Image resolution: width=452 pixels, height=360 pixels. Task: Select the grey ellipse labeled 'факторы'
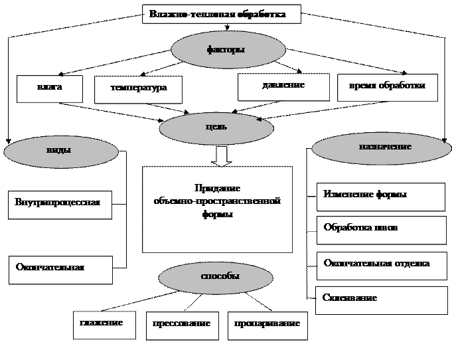coord(229,50)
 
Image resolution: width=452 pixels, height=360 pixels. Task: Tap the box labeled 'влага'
coord(50,88)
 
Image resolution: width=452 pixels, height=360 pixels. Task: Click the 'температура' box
coord(138,89)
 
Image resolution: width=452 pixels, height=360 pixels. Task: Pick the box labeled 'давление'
coord(283,86)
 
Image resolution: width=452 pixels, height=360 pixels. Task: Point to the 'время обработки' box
coord(387,87)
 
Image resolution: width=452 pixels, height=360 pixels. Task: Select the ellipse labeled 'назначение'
coord(382,148)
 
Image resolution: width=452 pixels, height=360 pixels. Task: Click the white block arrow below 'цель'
coord(222,157)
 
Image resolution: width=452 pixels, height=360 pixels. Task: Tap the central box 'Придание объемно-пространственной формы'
coord(217,209)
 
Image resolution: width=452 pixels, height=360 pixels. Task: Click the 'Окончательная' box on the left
coord(60,270)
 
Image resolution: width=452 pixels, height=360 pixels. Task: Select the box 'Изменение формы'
coord(380,197)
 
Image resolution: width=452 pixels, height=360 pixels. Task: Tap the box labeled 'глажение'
coord(104,324)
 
